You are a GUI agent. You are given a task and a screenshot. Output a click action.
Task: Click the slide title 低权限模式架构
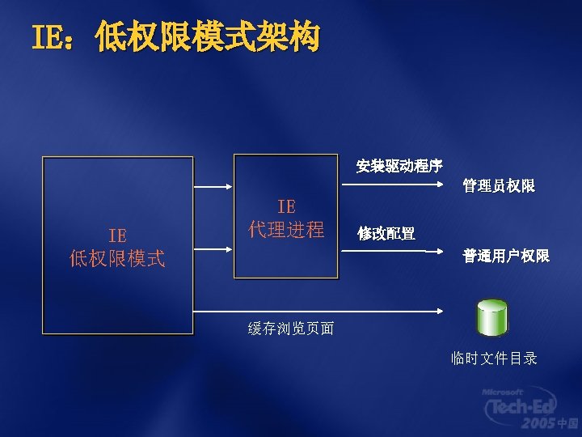click(x=207, y=37)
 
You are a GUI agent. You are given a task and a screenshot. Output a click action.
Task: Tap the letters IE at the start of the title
click(x=49, y=37)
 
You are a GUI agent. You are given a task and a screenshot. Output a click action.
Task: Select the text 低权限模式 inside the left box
click(x=117, y=259)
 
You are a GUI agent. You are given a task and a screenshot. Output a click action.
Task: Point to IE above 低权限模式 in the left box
click(x=117, y=235)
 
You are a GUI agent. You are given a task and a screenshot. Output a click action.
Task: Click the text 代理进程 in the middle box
click(x=286, y=229)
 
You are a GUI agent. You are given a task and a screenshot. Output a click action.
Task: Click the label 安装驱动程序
click(x=399, y=167)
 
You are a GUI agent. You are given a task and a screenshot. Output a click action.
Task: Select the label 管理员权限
click(x=499, y=186)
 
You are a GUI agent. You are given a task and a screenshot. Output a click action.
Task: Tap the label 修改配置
click(x=386, y=234)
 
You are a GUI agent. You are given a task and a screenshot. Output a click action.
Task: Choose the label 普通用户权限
click(x=506, y=256)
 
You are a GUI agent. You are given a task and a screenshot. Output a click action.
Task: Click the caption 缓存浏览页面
click(x=291, y=328)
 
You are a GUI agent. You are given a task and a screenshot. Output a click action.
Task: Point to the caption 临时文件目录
click(x=495, y=359)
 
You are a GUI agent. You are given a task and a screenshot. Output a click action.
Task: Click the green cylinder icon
click(x=491, y=317)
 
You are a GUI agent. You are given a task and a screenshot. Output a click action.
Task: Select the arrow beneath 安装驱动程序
click(x=395, y=185)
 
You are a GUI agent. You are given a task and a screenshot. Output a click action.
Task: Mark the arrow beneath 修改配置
click(x=395, y=252)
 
